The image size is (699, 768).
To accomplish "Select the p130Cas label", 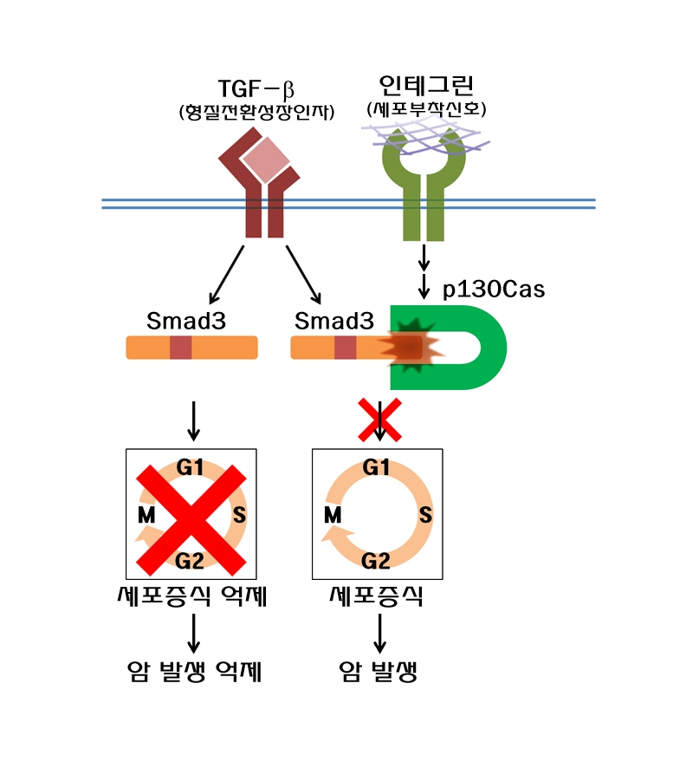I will click(x=494, y=290).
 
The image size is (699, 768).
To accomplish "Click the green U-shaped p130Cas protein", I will click(x=485, y=347).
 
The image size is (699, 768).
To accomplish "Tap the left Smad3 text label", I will click(x=186, y=321).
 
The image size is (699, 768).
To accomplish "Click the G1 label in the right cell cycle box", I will click(x=376, y=469).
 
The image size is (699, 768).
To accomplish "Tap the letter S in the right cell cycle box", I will click(x=425, y=516).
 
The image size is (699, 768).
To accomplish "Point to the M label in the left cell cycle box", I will click(x=146, y=516).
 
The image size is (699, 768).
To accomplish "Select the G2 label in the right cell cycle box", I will click(x=376, y=561).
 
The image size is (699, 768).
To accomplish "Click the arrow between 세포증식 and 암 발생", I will click(x=379, y=635).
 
